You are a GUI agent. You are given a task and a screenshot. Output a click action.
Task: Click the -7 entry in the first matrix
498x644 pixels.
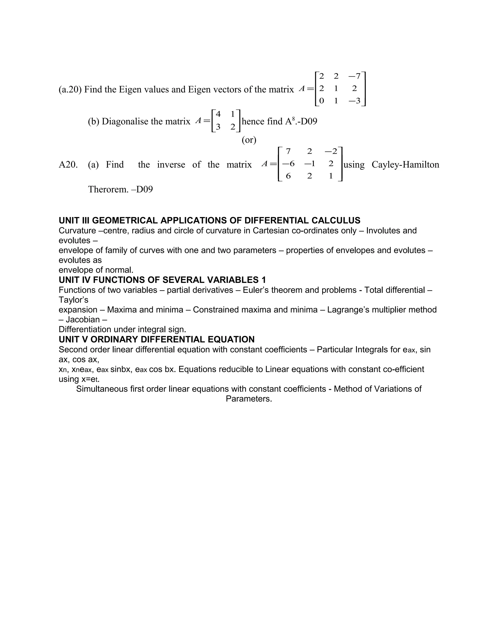(354, 76)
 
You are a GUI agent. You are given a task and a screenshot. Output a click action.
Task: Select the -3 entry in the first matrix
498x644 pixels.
(354, 101)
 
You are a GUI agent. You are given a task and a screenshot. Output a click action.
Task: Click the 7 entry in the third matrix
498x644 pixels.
(288, 151)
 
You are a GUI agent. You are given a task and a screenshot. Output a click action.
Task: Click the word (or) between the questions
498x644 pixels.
(249, 140)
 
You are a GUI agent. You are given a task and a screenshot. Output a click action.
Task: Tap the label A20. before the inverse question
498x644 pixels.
(68, 165)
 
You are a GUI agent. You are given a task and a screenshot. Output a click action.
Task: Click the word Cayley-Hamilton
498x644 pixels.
(405, 165)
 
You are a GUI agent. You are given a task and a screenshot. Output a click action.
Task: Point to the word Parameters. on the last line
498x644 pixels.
(249, 399)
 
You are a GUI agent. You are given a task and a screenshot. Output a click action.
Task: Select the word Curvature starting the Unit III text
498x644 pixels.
(77, 231)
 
